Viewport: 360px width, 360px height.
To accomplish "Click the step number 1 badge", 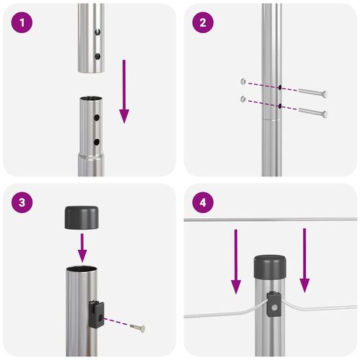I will (24, 23).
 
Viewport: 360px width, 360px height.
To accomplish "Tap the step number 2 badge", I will (202, 23).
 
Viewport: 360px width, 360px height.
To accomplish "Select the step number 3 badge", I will (24, 202).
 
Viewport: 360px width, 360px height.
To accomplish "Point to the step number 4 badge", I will (202, 202).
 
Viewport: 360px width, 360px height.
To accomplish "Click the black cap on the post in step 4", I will (270, 267).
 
